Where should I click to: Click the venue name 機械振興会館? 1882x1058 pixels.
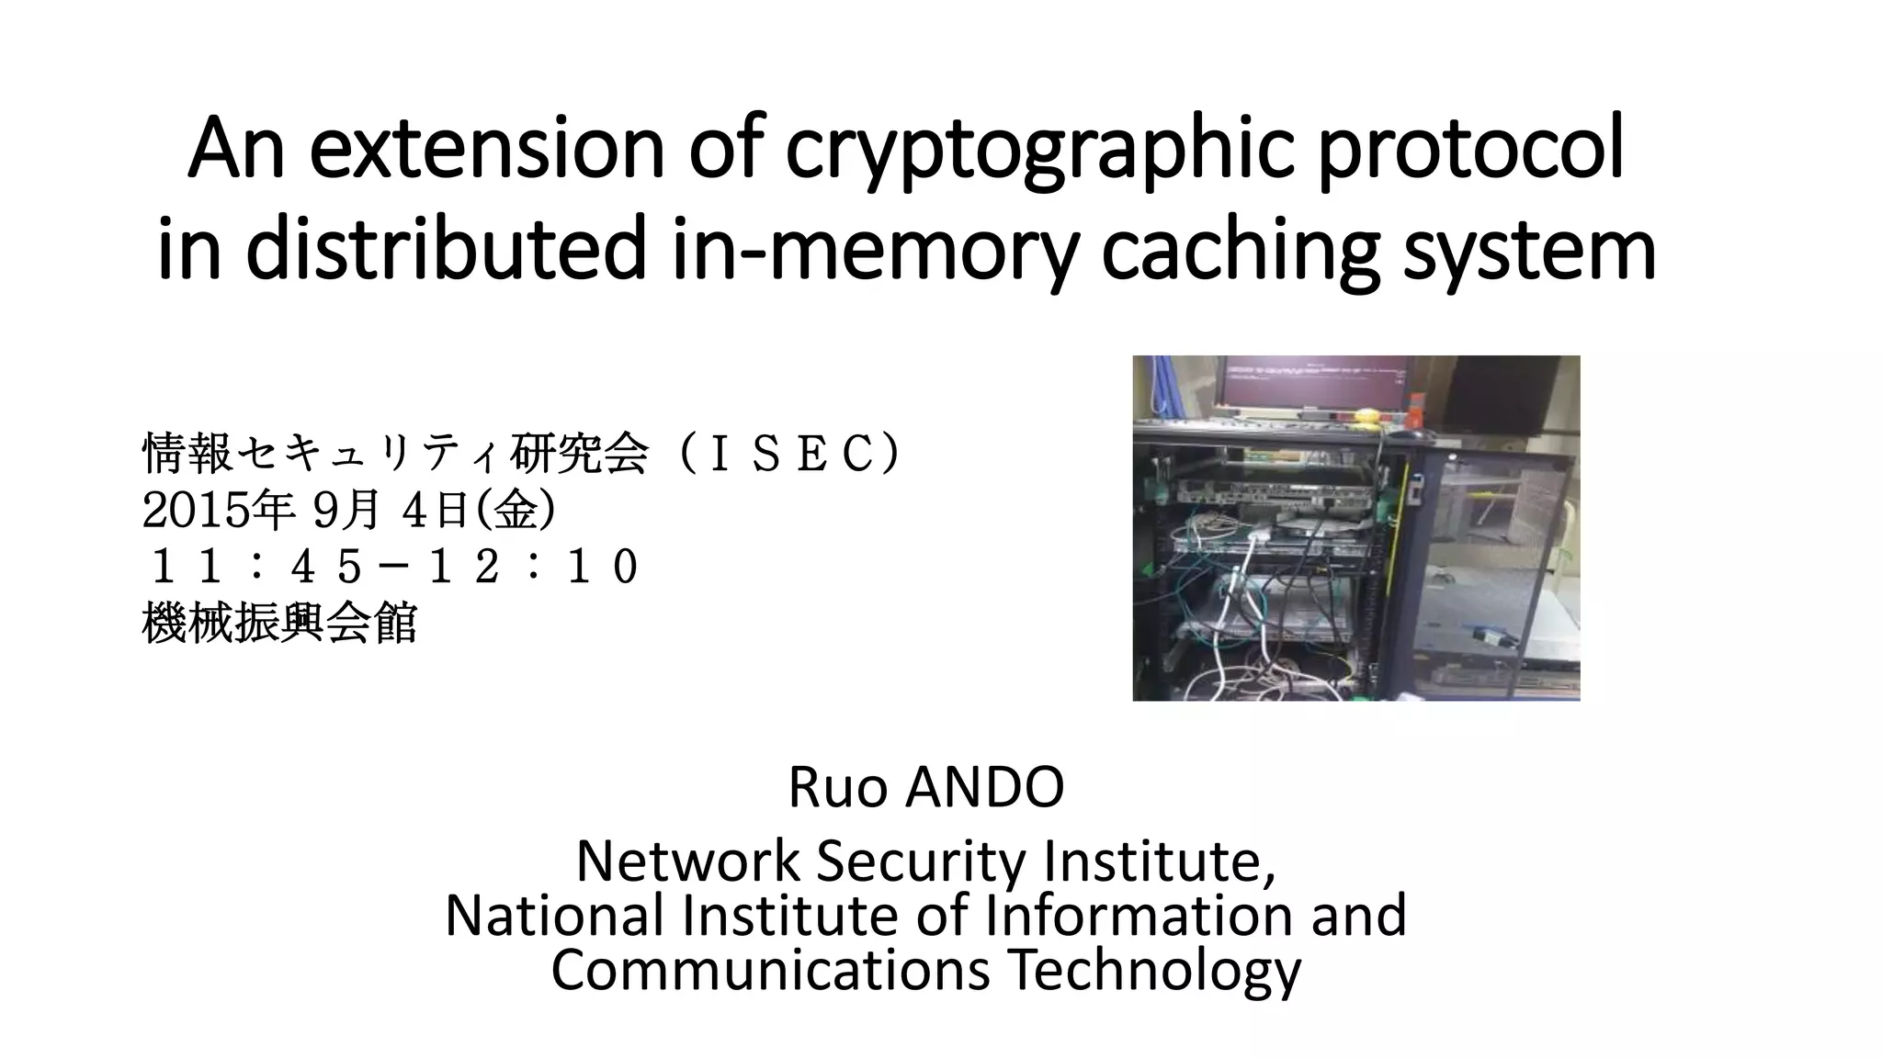click(x=280, y=624)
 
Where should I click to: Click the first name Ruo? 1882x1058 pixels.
click(x=837, y=787)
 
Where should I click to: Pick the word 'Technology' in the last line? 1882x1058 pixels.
click(x=1154, y=970)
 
